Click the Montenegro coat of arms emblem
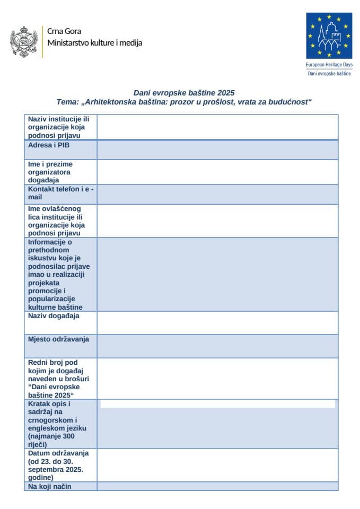[23, 41]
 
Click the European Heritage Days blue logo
[329, 36]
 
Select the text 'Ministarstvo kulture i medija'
[94, 43]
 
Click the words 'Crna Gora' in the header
[64, 31]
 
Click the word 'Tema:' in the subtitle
[67, 101]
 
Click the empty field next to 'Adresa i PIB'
[217, 150]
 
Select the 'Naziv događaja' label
[54, 315]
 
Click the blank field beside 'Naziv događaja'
[217, 322]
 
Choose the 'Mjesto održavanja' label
[58, 339]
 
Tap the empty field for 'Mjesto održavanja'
[217, 346]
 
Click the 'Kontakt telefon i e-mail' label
[60, 193]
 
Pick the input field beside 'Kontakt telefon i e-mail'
[217, 194]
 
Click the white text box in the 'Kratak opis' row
[217, 404]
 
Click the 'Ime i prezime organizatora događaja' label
[51, 172]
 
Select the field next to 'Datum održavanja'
[217, 464]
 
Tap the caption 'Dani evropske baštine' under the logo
[329, 73]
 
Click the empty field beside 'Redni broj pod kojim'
[217, 378]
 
